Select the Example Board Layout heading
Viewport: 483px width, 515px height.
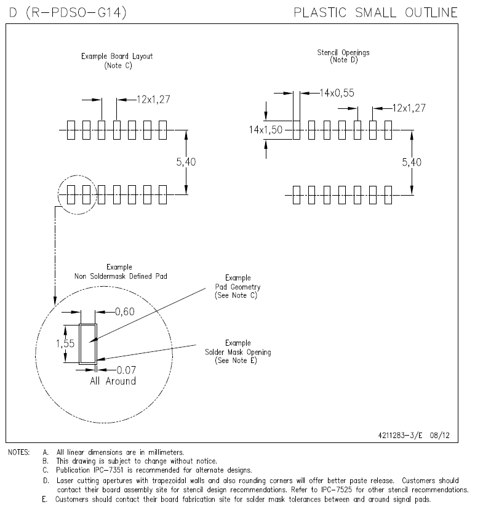click(117, 60)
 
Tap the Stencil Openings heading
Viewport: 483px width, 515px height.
click(343, 56)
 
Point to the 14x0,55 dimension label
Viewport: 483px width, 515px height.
click(337, 93)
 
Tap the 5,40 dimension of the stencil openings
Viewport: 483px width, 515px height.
click(411, 162)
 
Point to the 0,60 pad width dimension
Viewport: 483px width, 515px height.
click(125, 312)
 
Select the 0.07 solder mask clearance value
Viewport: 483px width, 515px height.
click(126, 369)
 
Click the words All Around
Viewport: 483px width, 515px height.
click(113, 381)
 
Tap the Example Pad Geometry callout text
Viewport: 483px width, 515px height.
click(238, 287)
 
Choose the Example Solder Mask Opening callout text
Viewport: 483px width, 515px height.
click(238, 352)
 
